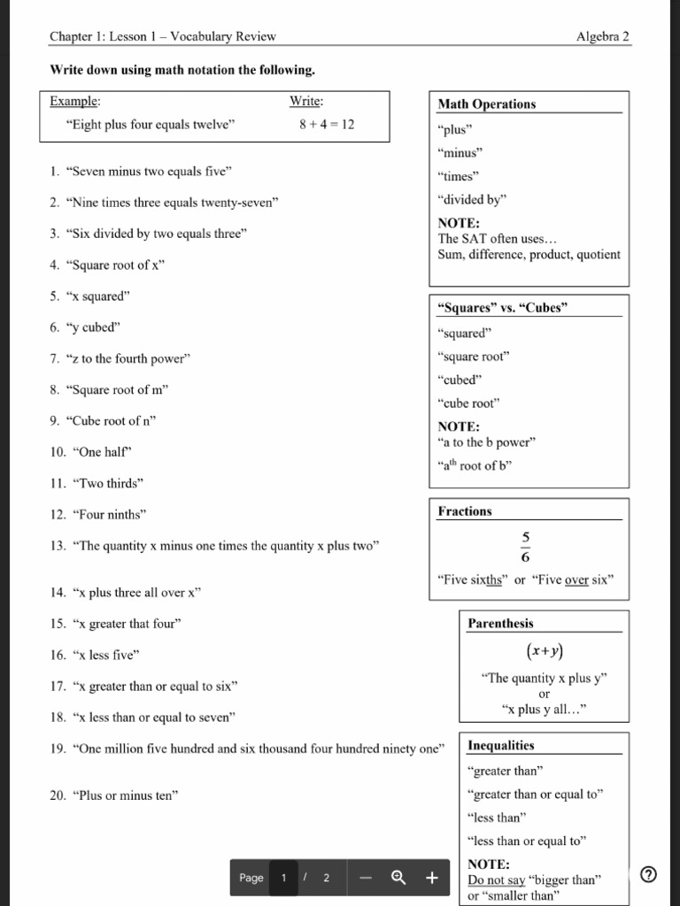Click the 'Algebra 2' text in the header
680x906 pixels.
602,36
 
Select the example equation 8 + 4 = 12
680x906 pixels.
326,125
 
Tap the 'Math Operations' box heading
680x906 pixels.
486,104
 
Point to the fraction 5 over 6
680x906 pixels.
525,548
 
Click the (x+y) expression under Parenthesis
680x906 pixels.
544,651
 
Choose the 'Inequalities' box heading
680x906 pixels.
500,746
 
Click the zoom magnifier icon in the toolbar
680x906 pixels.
398,878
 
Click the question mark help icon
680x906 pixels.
648,875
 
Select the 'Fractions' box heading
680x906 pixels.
464,511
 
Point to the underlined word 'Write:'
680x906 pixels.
306,102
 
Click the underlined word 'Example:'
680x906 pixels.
75,102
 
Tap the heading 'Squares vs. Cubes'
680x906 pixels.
502,308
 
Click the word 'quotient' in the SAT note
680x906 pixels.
599,255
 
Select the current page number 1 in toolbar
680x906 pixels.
284,878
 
